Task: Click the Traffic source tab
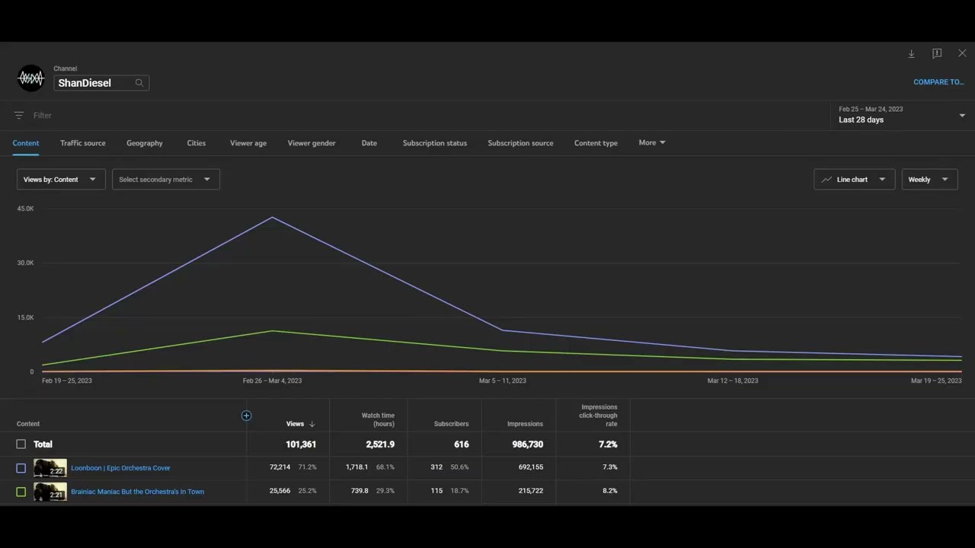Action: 83,143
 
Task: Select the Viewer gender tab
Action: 312,143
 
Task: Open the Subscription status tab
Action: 434,143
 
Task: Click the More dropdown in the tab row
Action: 651,142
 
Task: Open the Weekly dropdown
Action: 929,179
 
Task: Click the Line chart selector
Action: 854,179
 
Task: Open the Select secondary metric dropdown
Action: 166,179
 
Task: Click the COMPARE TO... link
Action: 938,82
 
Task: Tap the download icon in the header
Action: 912,53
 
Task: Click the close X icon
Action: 962,53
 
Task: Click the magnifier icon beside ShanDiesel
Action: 139,83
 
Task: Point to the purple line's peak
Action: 273,217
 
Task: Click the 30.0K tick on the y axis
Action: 25,263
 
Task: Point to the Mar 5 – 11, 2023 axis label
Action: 502,381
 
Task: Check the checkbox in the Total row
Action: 21,444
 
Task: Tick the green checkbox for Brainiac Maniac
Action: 21,492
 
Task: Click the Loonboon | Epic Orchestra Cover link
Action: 120,468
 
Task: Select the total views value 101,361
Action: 301,444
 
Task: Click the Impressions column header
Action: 525,424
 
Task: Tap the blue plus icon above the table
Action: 246,416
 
